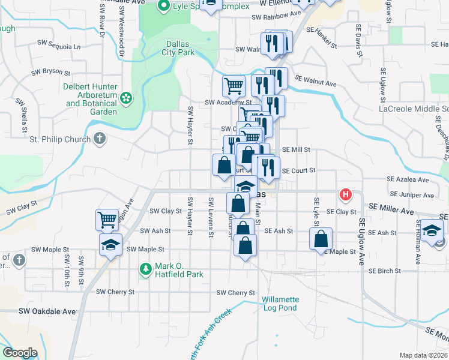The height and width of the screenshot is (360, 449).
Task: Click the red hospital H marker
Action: (x=345, y=194)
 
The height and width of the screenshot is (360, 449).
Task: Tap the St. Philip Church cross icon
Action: (x=100, y=139)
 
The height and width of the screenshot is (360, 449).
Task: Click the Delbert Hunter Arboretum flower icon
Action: (x=125, y=97)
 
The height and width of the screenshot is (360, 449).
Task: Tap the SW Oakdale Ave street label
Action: (x=47, y=311)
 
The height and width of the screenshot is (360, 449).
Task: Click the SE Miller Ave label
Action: (x=391, y=212)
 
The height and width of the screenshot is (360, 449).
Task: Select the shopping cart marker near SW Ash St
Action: (x=107, y=220)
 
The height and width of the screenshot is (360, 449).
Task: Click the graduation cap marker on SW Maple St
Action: (x=111, y=244)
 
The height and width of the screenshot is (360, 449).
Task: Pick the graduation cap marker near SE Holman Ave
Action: (x=432, y=229)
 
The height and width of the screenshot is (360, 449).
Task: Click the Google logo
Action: (x=20, y=353)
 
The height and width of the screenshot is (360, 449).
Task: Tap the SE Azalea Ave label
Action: (x=408, y=179)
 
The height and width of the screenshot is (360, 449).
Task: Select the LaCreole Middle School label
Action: (x=414, y=109)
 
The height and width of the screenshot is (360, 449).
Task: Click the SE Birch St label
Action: (x=384, y=271)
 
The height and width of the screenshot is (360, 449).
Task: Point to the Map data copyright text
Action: (x=424, y=355)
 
